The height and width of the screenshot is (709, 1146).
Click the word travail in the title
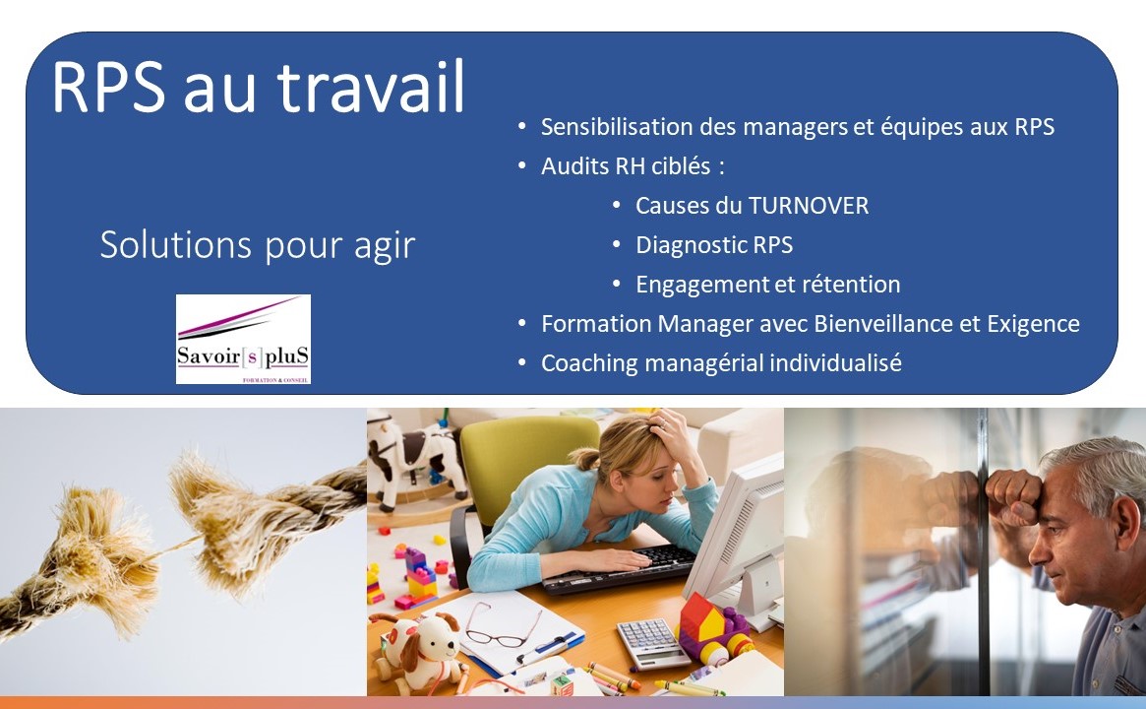pos(371,87)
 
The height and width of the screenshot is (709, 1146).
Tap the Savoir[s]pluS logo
pos(243,339)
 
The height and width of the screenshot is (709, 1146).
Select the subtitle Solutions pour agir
pos(258,246)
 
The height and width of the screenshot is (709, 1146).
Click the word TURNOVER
pos(809,206)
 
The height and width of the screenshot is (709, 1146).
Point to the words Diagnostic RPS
pos(714,245)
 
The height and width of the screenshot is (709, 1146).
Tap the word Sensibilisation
pos(616,127)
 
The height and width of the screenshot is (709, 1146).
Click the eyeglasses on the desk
pos(504,627)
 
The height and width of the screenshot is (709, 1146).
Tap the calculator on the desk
pos(651,642)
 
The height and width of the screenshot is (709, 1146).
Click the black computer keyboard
pos(619,568)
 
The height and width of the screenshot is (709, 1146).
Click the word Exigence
pos(1034,324)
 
